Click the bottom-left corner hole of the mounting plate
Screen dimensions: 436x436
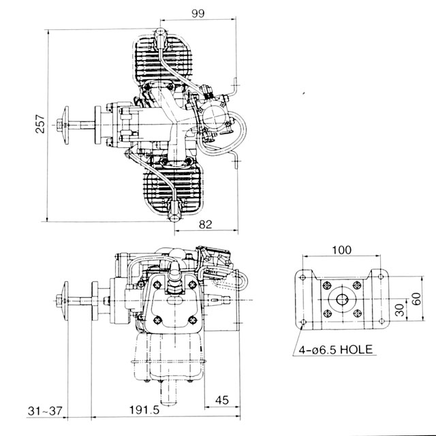pyautogui.click(x=300, y=322)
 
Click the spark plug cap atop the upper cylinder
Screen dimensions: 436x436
pyautogui.click(x=162, y=33)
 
